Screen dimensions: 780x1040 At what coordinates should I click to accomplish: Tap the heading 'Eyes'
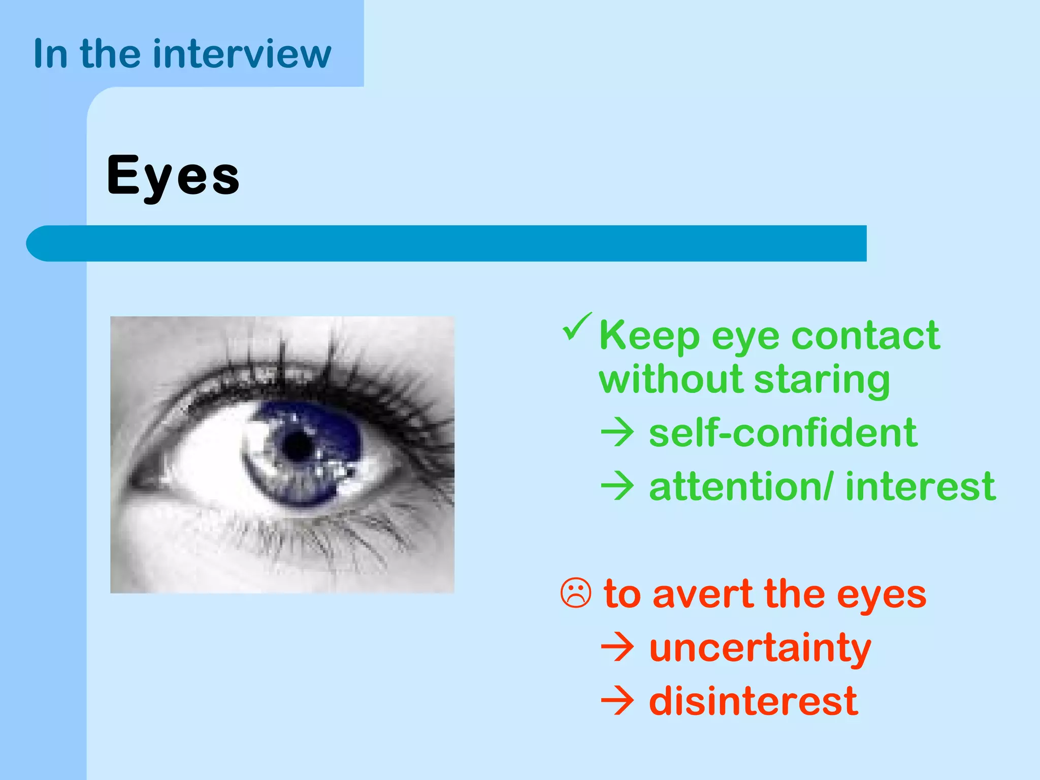click(x=173, y=176)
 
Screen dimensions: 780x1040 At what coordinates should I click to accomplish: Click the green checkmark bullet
click(x=577, y=327)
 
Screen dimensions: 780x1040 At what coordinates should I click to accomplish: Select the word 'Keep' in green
click(x=649, y=337)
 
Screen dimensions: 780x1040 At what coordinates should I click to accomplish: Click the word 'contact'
click(x=865, y=336)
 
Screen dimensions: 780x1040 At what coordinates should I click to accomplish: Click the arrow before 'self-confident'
click(x=617, y=433)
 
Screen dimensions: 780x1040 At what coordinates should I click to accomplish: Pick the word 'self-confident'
click(x=783, y=433)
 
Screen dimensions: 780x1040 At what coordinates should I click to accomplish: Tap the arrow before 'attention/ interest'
click(x=617, y=486)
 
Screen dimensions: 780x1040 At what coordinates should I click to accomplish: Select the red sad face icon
click(x=576, y=593)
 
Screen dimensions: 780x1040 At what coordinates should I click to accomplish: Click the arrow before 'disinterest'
click(x=617, y=701)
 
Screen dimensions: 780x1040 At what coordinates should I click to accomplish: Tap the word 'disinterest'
click(x=753, y=701)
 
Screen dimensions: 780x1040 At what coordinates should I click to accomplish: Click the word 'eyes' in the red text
click(x=881, y=595)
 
